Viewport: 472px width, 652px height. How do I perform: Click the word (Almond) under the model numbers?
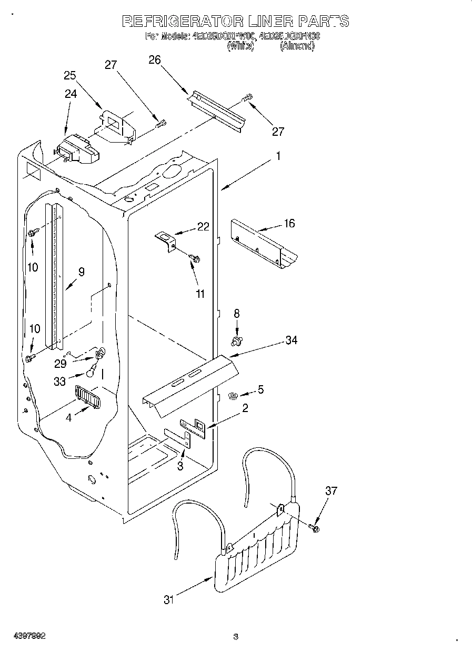coord(297,46)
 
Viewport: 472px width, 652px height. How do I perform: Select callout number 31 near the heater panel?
coord(168,600)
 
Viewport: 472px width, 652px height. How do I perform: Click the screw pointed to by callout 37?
coord(315,528)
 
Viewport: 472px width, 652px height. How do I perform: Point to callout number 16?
coord(289,224)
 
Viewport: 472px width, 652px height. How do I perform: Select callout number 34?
coord(291,340)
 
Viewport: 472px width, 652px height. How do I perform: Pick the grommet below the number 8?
coord(237,342)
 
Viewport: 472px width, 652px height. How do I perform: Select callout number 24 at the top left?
coord(71,94)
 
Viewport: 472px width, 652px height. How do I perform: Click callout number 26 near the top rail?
coord(154,60)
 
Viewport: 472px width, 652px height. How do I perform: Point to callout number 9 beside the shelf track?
coord(81,272)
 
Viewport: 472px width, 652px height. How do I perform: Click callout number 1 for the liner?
coord(278,156)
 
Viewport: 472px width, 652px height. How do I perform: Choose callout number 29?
coord(60,363)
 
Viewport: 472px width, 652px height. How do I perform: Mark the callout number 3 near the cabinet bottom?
coord(180,466)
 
